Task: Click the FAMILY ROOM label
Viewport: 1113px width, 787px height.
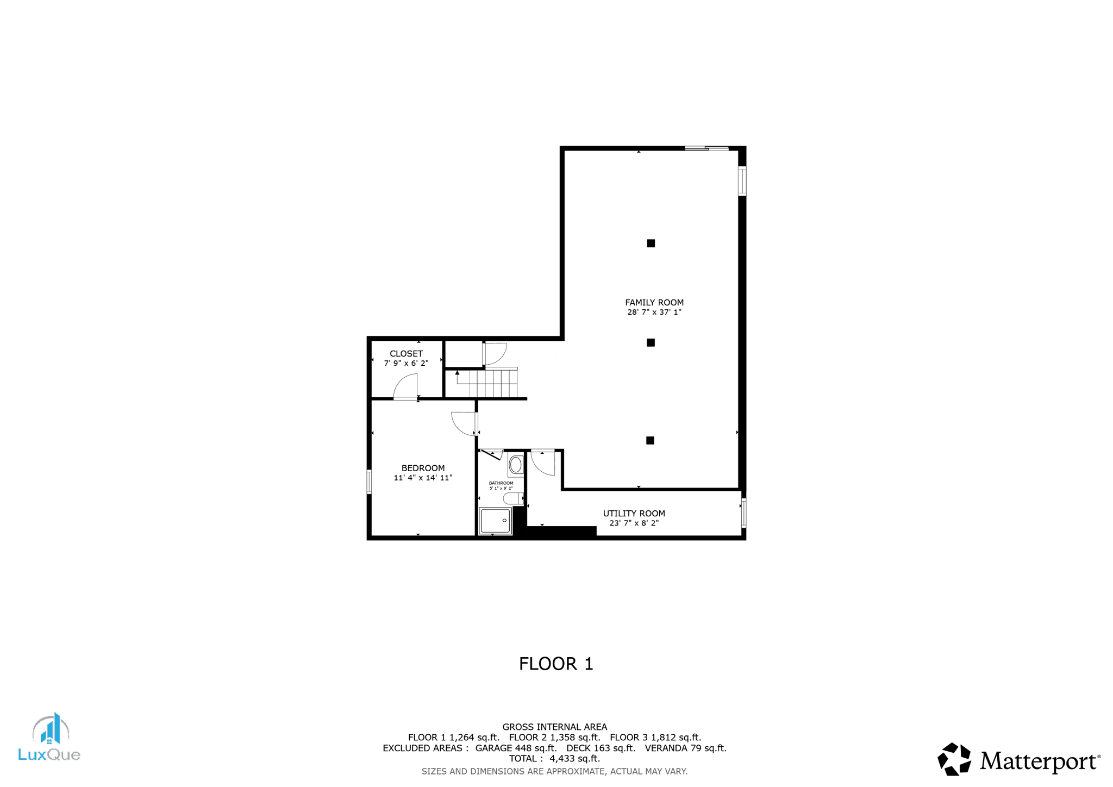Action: [x=654, y=303]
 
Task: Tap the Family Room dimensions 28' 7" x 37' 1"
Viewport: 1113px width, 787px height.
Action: [x=654, y=313]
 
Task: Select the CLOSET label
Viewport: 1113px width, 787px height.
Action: [x=406, y=354]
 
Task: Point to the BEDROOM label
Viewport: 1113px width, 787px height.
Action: [x=423, y=468]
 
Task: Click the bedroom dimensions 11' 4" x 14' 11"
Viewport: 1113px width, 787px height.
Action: [x=423, y=478]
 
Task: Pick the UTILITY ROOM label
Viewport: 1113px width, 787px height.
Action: [x=634, y=514]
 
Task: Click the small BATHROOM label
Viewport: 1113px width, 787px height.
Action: [x=501, y=483]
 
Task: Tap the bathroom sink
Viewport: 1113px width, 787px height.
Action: [x=516, y=465]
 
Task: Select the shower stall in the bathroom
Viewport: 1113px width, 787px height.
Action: [x=495, y=521]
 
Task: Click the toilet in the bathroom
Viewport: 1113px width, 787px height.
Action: [x=512, y=498]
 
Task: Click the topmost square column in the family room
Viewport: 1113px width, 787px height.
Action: [x=651, y=243]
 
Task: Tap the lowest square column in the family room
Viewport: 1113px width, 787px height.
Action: [x=650, y=440]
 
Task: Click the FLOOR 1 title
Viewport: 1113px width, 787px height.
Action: [x=556, y=664]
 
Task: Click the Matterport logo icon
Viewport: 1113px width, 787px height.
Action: [x=954, y=759]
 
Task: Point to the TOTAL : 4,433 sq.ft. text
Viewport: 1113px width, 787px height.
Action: [x=554, y=759]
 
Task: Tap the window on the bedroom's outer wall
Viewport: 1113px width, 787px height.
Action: [x=370, y=482]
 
